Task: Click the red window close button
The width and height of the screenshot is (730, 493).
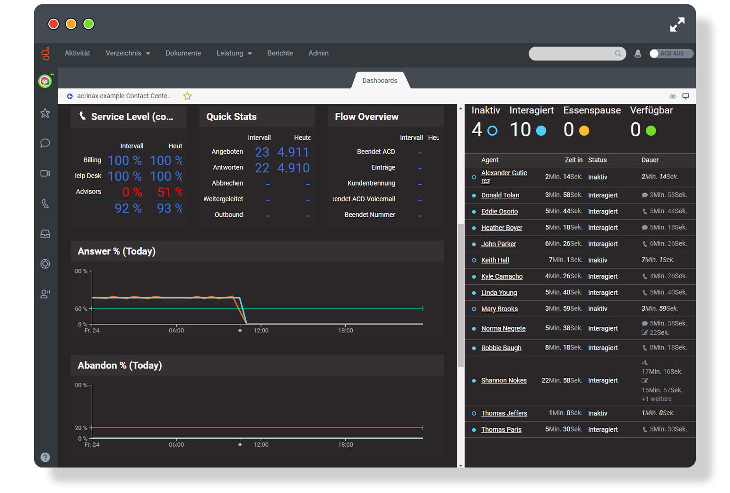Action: pos(53,24)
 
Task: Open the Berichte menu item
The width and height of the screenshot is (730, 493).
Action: pos(280,53)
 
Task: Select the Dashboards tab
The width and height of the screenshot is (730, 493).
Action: pos(380,81)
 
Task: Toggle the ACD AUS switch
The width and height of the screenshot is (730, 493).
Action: pos(671,53)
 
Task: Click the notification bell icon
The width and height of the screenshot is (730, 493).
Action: pos(638,54)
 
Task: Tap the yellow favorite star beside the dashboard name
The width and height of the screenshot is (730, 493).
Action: pos(187,96)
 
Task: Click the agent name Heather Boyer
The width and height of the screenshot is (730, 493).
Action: pos(502,228)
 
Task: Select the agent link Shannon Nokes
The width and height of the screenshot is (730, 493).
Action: pos(504,381)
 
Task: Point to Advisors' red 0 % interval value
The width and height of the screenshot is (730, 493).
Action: pos(132,192)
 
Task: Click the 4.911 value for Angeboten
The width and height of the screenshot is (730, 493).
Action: pos(293,152)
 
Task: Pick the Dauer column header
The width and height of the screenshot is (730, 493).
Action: pos(650,160)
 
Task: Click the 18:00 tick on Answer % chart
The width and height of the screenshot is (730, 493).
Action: pos(346,330)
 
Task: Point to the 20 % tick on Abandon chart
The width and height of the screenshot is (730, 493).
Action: pos(81,428)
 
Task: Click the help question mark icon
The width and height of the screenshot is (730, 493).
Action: pos(45,457)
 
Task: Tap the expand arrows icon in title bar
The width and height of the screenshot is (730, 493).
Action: pos(677,25)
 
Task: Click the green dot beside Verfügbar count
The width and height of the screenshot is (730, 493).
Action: pos(651,131)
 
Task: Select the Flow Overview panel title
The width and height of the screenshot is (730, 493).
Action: pos(366,117)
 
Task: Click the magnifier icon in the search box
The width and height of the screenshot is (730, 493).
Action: pos(618,53)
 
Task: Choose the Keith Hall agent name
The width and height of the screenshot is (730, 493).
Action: pos(495,260)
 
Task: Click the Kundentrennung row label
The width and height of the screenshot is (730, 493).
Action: pos(371,183)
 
